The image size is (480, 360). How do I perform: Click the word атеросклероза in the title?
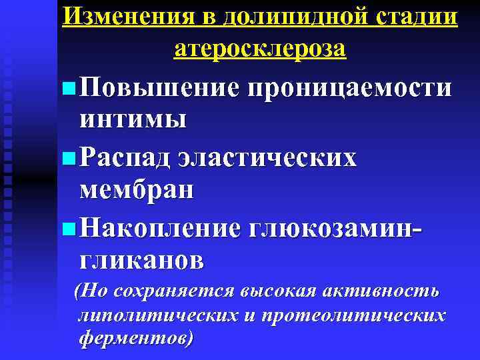[260, 48]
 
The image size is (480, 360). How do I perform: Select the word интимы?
[132, 120]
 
